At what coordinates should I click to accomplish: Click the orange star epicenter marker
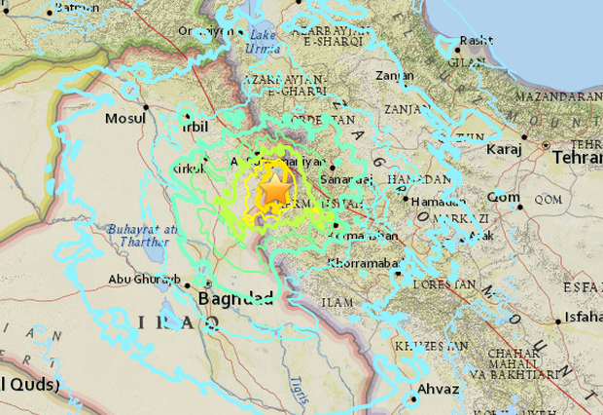coord(275,192)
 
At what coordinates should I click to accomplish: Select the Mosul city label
coord(125,119)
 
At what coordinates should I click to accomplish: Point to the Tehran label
coord(577,157)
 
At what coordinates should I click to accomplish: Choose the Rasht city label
coord(476,40)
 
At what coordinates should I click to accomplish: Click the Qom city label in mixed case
coord(503,197)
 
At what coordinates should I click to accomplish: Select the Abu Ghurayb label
coord(143,282)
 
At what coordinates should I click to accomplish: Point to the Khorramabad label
coord(361,264)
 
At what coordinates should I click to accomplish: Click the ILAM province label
coord(337,303)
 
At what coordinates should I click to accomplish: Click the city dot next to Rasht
coord(457,49)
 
